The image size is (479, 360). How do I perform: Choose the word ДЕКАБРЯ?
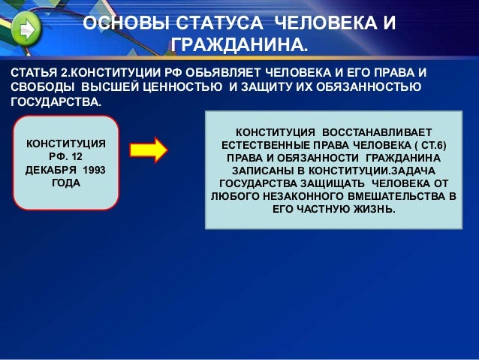pyautogui.click(x=51, y=170)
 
